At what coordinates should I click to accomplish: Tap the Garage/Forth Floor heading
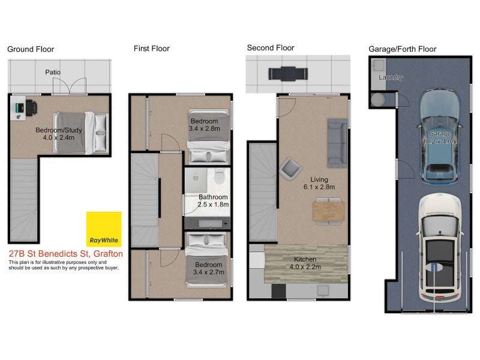click(x=402, y=49)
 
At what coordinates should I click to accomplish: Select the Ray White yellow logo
click(x=104, y=229)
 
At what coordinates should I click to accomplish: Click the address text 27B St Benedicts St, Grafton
click(x=66, y=254)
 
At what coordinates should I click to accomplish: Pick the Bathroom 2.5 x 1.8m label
click(x=213, y=200)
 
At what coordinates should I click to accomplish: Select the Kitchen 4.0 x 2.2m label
click(x=306, y=263)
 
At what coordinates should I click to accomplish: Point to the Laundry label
click(x=391, y=77)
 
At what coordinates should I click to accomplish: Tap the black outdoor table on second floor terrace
click(x=289, y=73)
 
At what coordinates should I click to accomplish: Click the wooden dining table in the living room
click(x=327, y=211)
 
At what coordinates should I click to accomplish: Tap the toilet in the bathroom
click(x=219, y=178)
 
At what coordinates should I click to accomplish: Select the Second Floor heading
click(x=270, y=48)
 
